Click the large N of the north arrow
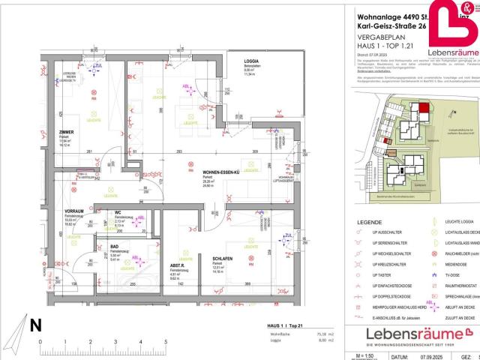35,325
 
